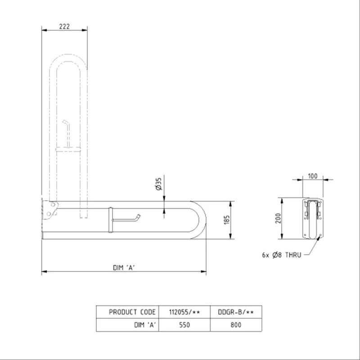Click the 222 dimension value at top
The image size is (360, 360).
tap(64, 27)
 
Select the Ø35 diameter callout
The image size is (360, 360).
tap(158, 184)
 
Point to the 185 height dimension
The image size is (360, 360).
tap(227, 220)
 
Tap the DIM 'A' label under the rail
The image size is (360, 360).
tap(124, 267)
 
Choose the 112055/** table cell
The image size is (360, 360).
tap(185, 312)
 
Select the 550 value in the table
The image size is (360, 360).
tap(185, 324)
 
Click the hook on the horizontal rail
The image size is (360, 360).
tap(135, 218)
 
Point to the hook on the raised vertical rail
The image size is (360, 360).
tap(67, 126)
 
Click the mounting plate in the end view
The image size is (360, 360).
tap(313, 218)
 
